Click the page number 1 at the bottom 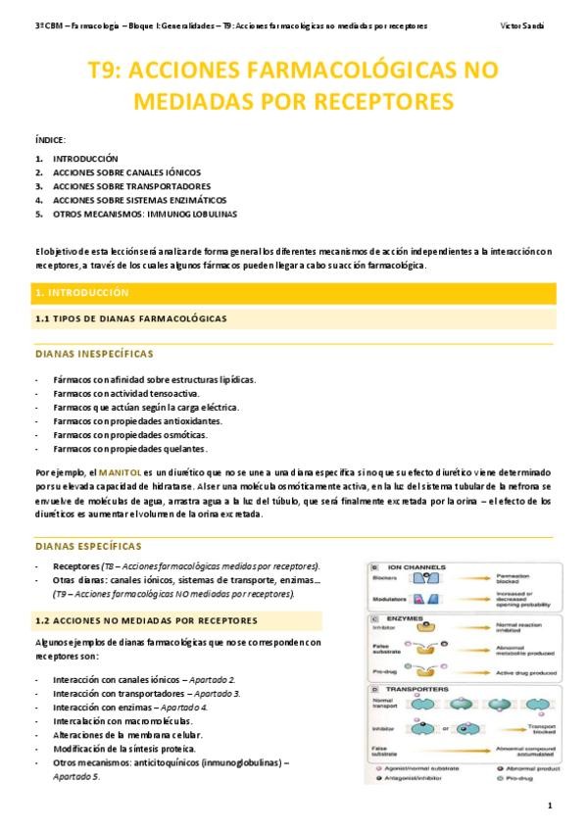(x=551, y=806)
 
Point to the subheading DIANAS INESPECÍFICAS (x=93, y=353)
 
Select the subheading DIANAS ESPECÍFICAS (x=88, y=545)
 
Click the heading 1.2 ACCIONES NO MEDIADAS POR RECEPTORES (x=146, y=620)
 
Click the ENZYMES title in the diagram (x=407, y=620)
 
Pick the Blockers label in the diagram (x=384, y=578)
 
